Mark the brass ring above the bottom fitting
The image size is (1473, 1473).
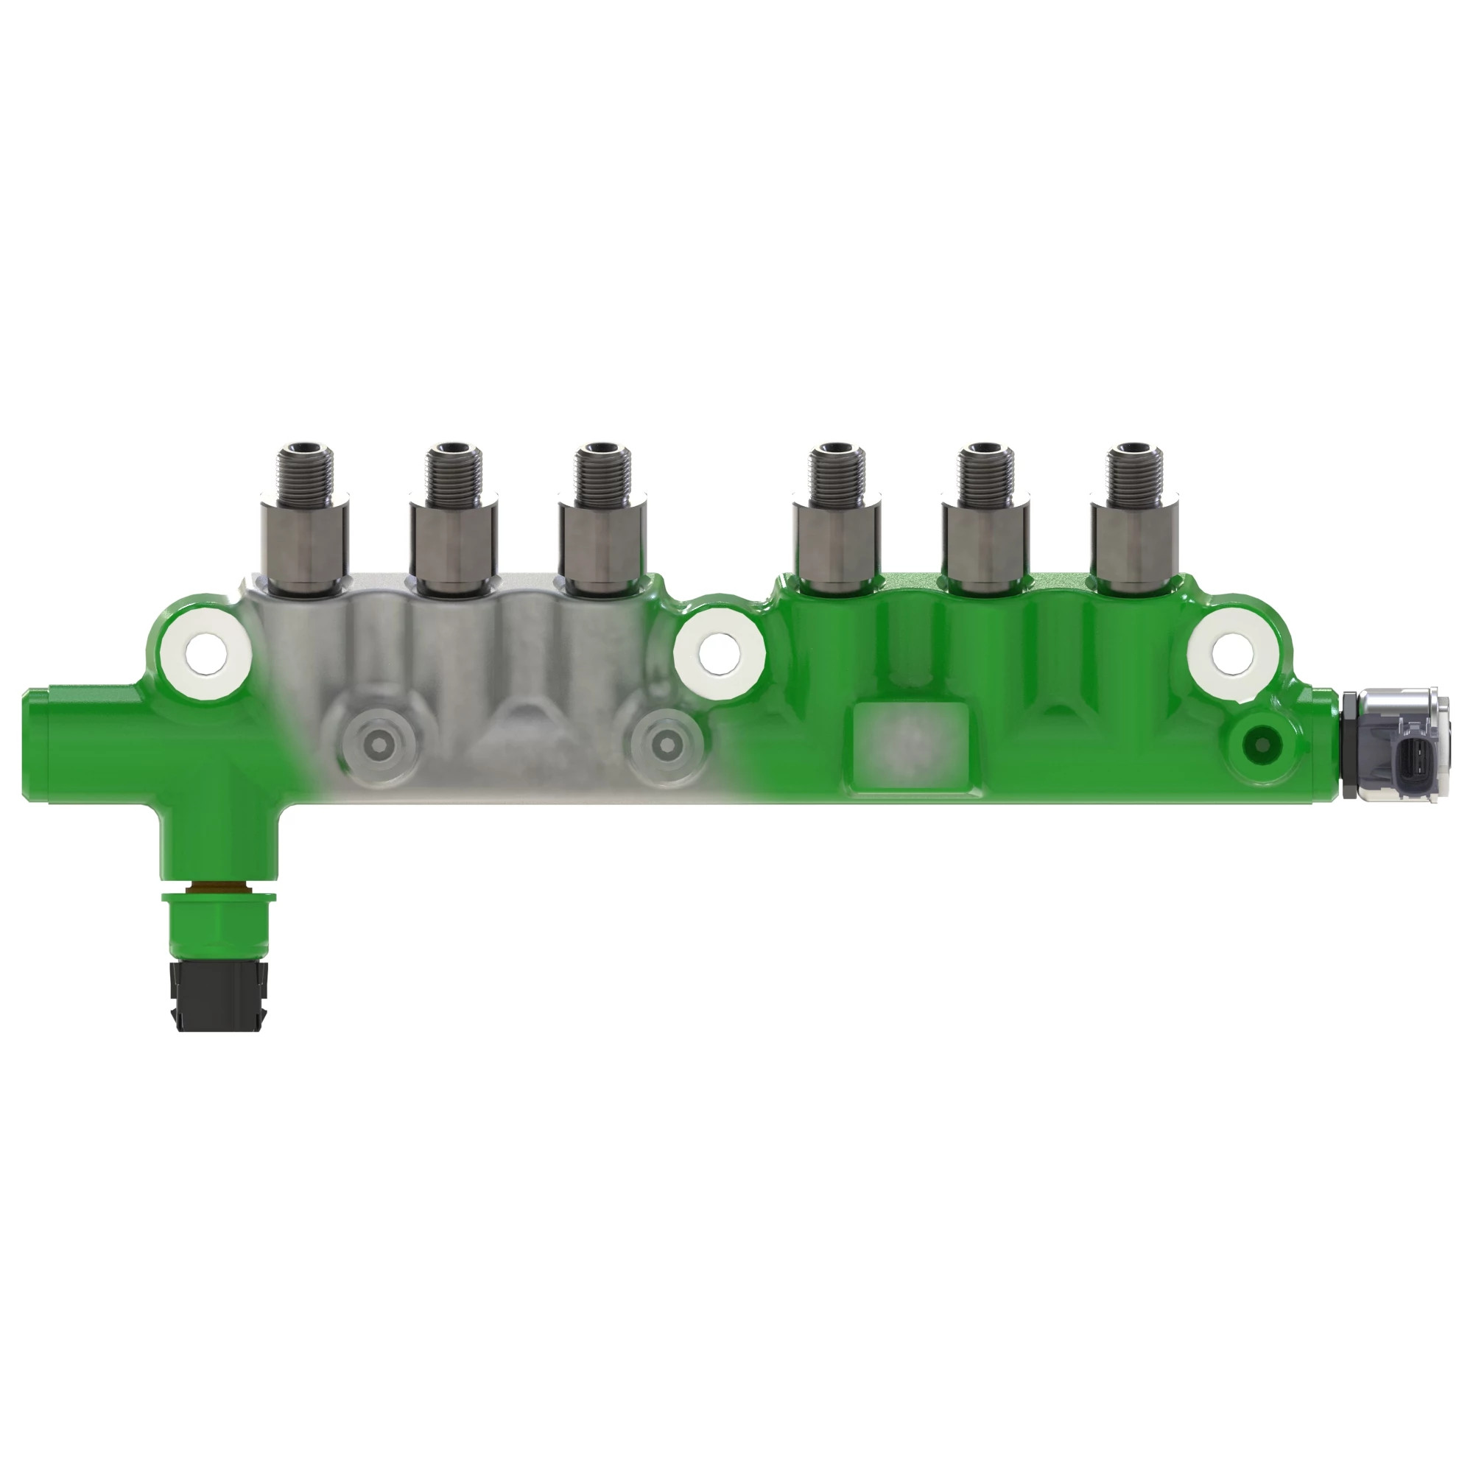pos(219,888)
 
